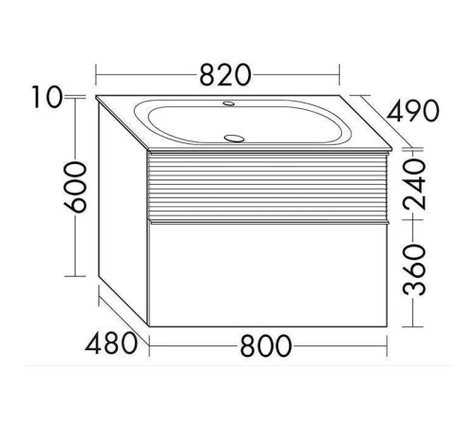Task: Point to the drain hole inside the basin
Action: pyautogui.click(x=230, y=137)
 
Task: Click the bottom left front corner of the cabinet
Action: pyautogui.click(x=149, y=327)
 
